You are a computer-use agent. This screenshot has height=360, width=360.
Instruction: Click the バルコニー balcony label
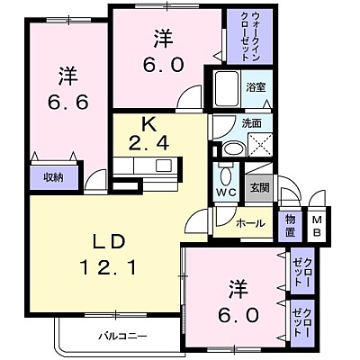tap(123, 336)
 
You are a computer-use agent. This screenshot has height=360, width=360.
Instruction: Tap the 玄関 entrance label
tap(260, 188)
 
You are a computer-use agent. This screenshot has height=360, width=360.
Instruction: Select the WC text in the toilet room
tap(226, 192)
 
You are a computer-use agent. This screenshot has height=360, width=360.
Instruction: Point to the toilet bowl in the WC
tap(226, 175)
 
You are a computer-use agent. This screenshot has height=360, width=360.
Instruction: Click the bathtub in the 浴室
tap(227, 88)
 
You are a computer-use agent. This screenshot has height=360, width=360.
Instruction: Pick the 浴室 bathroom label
tap(256, 87)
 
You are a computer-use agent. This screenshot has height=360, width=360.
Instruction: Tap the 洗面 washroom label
tap(252, 123)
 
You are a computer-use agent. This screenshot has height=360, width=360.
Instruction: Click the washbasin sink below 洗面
tap(234, 149)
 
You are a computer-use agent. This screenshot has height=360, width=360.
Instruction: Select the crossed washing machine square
tap(260, 144)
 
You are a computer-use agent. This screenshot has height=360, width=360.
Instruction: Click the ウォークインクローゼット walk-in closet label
tap(249, 37)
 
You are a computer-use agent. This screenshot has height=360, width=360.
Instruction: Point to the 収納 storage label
tap(53, 177)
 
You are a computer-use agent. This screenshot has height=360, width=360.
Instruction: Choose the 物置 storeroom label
tap(290, 226)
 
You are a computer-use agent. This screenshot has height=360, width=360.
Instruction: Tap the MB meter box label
tap(318, 226)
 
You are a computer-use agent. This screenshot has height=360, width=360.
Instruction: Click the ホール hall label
tap(250, 223)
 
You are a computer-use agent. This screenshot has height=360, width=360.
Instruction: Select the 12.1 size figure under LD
tap(109, 267)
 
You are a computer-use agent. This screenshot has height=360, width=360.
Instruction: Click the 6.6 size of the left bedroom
tap(68, 102)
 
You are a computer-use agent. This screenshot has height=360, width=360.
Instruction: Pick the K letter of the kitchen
tap(148, 125)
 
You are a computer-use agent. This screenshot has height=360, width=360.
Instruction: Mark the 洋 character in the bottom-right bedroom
tap(238, 289)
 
